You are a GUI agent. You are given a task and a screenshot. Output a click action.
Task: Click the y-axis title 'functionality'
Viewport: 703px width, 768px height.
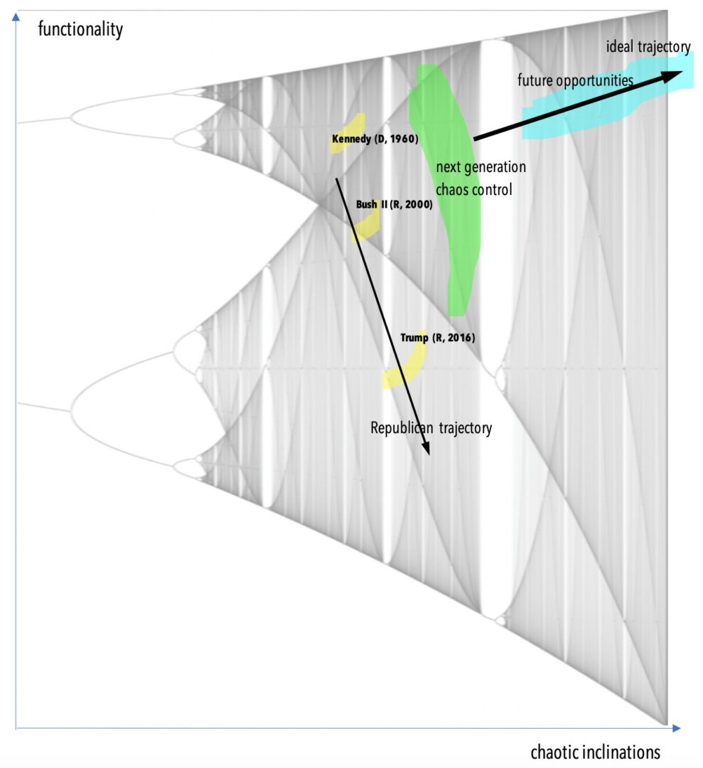click(x=80, y=29)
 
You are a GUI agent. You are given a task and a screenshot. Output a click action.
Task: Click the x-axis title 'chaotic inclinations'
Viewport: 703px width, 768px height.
click(x=595, y=752)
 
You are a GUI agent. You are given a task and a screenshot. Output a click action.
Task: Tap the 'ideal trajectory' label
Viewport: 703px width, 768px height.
click(x=648, y=47)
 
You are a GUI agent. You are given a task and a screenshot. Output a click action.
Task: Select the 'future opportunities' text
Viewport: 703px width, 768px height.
click(x=575, y=80)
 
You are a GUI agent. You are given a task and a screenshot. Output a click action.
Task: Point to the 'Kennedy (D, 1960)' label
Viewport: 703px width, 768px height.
click(x=375, y=139)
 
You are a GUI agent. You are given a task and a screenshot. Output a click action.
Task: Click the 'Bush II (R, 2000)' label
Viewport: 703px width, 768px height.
click(x=394, y=204)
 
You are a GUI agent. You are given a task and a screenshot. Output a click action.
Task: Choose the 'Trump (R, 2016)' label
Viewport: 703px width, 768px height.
click(x=438, y=338)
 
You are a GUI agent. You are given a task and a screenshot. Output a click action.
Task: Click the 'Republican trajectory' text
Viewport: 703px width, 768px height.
click(x=431, y=428)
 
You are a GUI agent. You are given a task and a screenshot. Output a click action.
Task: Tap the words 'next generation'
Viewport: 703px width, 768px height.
click(x=481, y=167)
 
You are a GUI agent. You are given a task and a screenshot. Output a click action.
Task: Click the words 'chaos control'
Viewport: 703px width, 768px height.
click(x=474, y=190)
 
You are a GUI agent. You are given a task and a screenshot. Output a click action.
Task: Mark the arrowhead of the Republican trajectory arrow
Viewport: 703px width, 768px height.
click(x=426, y=448)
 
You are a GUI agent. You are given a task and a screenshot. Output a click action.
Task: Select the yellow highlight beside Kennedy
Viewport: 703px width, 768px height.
click(x=348, y=132)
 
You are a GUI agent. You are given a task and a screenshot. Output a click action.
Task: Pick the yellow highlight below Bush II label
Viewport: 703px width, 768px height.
click(x=366, y=226)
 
